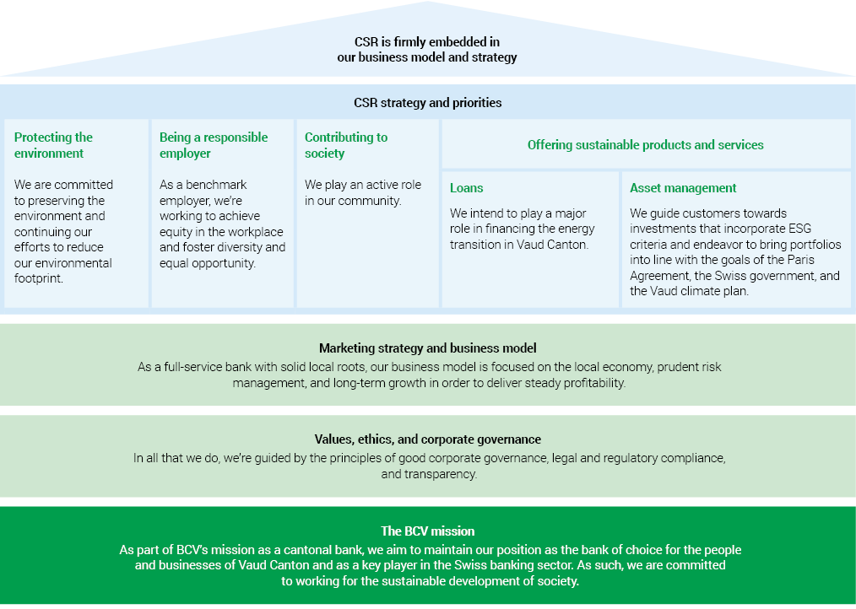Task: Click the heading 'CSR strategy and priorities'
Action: (427, 103)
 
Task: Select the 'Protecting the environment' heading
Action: (53, 145)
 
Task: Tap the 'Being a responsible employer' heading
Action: (214, 145)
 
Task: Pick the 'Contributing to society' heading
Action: (346, 145)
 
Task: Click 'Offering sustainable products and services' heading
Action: (645, 145)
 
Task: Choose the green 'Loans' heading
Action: (467, 188)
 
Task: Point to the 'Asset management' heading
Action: (683, 188)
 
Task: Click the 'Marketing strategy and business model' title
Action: (427, 348)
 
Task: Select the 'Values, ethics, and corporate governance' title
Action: (427, 439)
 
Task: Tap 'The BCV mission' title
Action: (427, 531)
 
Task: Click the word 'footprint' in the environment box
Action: (42, 278)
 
